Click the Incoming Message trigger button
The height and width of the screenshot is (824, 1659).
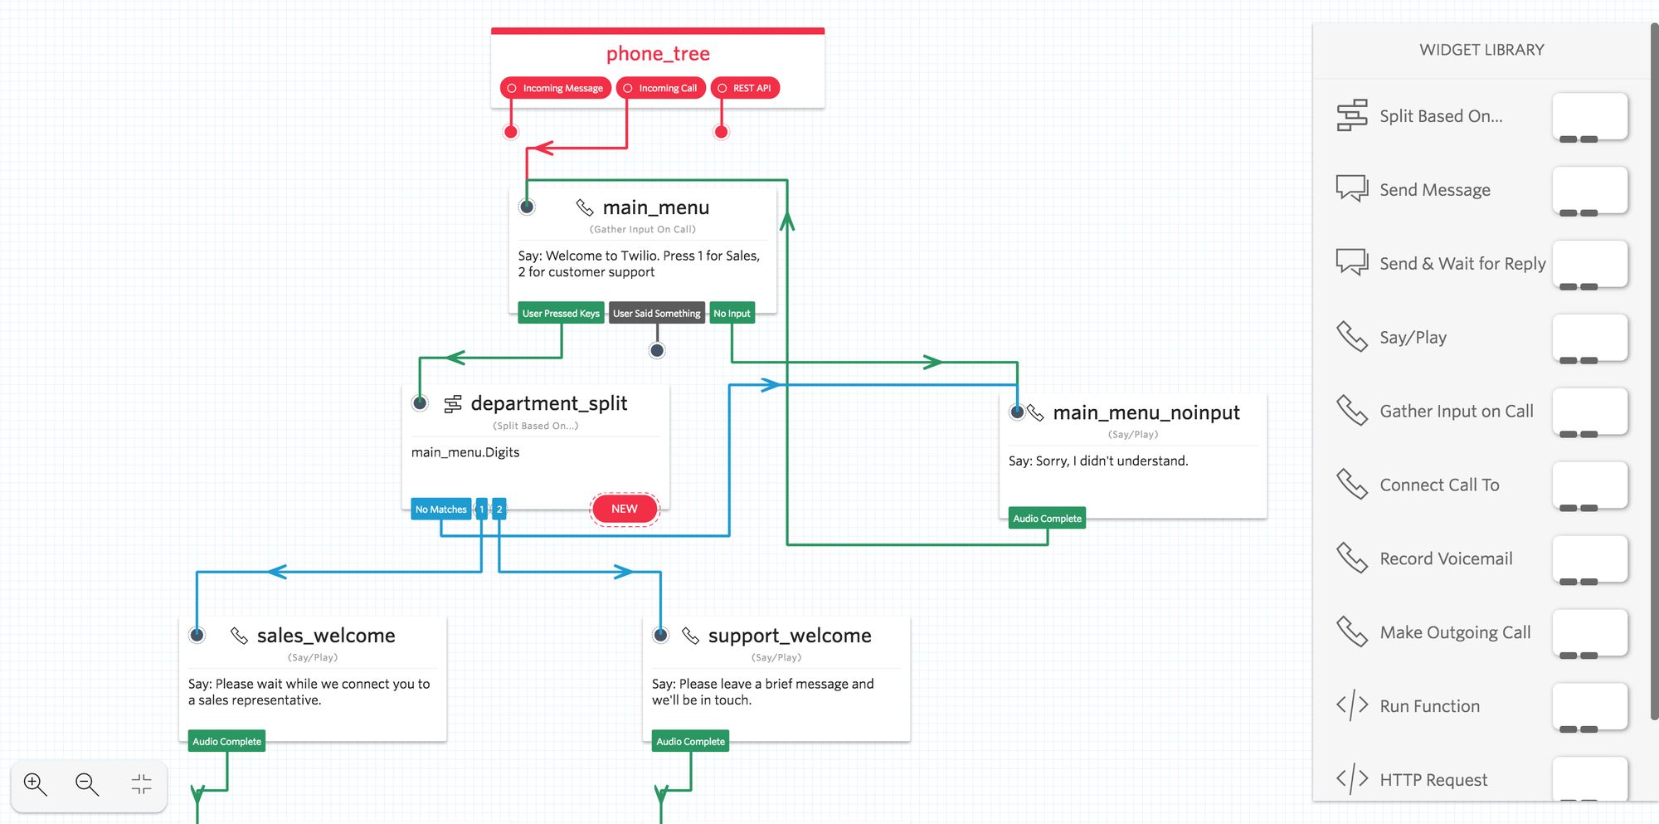[555, 88]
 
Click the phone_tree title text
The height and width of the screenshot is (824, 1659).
[658, 54]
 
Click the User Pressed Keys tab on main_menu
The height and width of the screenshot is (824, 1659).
[561, 314]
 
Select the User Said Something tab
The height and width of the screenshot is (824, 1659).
[656, 314]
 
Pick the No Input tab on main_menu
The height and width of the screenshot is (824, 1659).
[732, 314]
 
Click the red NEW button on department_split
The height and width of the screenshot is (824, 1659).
[625, 509]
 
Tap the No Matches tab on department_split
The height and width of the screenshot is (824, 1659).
[440, 510]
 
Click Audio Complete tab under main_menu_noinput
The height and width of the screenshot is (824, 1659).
[1047, 519]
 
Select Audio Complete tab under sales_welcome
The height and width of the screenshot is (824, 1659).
[226, 742]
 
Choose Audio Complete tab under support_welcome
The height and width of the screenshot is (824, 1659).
[690, 742]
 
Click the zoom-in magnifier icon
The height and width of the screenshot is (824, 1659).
[36, 784]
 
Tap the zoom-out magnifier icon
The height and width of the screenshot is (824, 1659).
[87, 784]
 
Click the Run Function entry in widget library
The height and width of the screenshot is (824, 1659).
[1429, 706]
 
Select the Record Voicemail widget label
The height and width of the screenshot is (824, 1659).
[1445, 558]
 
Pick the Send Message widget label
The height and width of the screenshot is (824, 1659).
[1434, 190]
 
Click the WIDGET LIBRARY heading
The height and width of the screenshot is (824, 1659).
[1481, 50]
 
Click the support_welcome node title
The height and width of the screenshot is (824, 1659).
[789, 636]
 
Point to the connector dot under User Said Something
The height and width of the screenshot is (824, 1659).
[657, 350]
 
